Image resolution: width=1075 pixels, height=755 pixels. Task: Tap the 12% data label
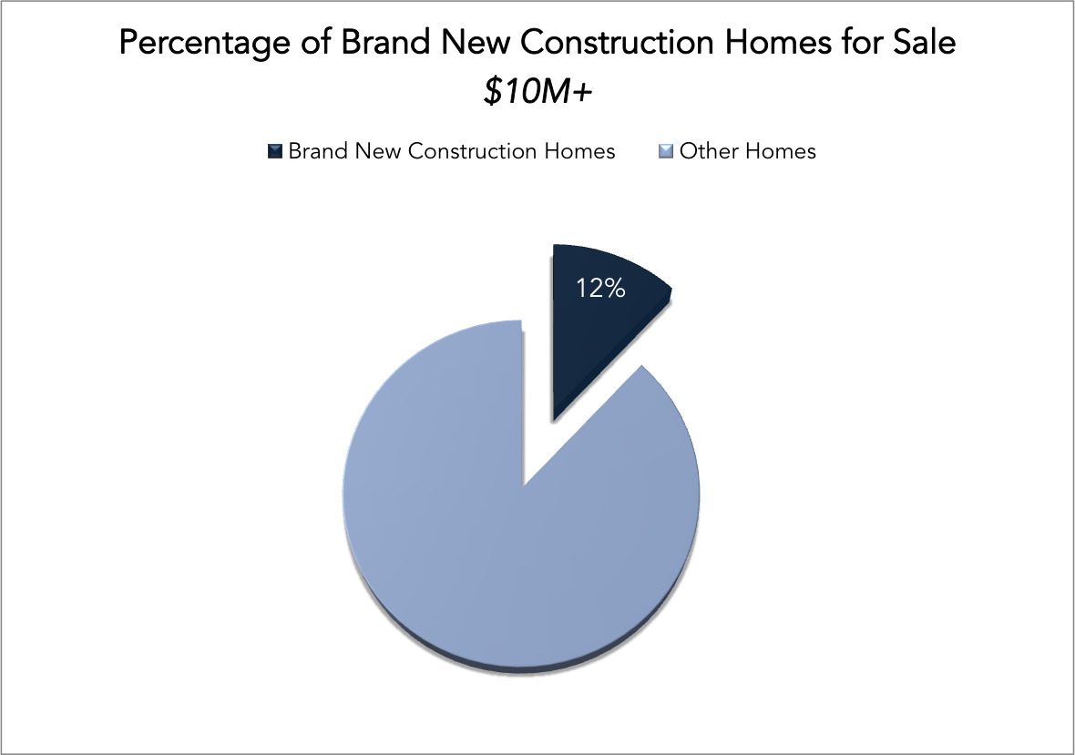tap(600, 289)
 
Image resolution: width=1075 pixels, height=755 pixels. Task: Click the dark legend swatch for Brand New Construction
tap(275, 151)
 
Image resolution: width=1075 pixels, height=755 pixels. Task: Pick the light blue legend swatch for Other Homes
tap(666, 151)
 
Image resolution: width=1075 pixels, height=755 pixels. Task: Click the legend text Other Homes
tap(747, 150)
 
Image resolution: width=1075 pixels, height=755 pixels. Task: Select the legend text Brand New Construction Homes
tap(452, 150)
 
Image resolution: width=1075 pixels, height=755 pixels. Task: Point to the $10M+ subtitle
tap(537, 92)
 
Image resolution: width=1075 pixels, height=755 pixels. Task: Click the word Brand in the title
tap(384, 43)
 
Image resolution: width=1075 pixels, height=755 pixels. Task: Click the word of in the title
tap(316, 43)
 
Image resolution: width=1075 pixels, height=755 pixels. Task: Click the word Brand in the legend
tap(317, 150)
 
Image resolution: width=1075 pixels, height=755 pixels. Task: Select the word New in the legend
tap(378, 150)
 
